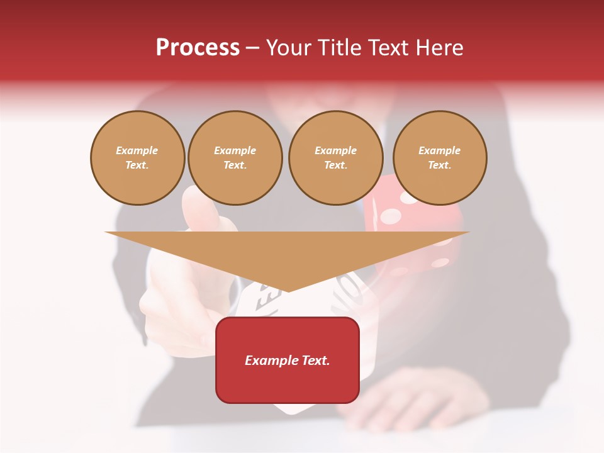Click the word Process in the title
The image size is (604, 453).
click(x=198, y=48)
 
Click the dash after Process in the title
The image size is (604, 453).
click(x=253, y=48)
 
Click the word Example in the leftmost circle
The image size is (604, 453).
click(x=137, y=150)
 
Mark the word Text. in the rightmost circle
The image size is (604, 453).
click(x=440, y=165)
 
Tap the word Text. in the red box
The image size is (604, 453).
click(x=314, y=361)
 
